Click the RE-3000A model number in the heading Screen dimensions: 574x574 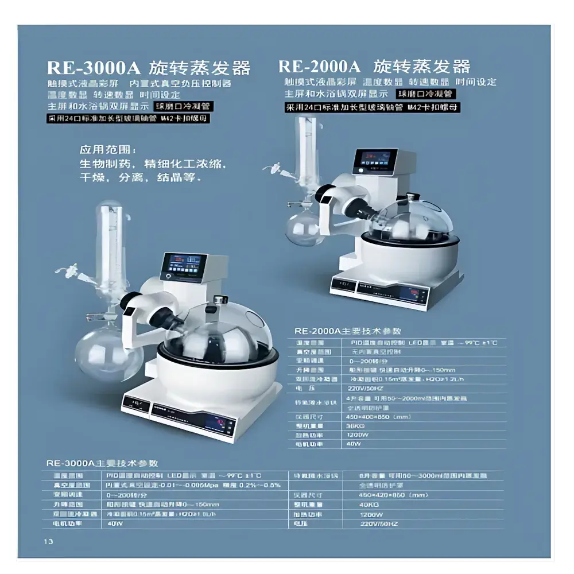(93, 67)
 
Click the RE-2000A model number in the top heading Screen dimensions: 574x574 (319, 65)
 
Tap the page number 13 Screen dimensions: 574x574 (47, 542)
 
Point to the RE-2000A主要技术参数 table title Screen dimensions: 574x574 (347, 331)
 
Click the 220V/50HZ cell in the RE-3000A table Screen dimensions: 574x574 (379, 523)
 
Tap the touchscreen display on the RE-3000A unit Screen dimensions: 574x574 (183, 266)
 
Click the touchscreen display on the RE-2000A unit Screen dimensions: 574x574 (374, 161)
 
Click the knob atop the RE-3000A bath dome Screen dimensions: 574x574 (219, 299)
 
